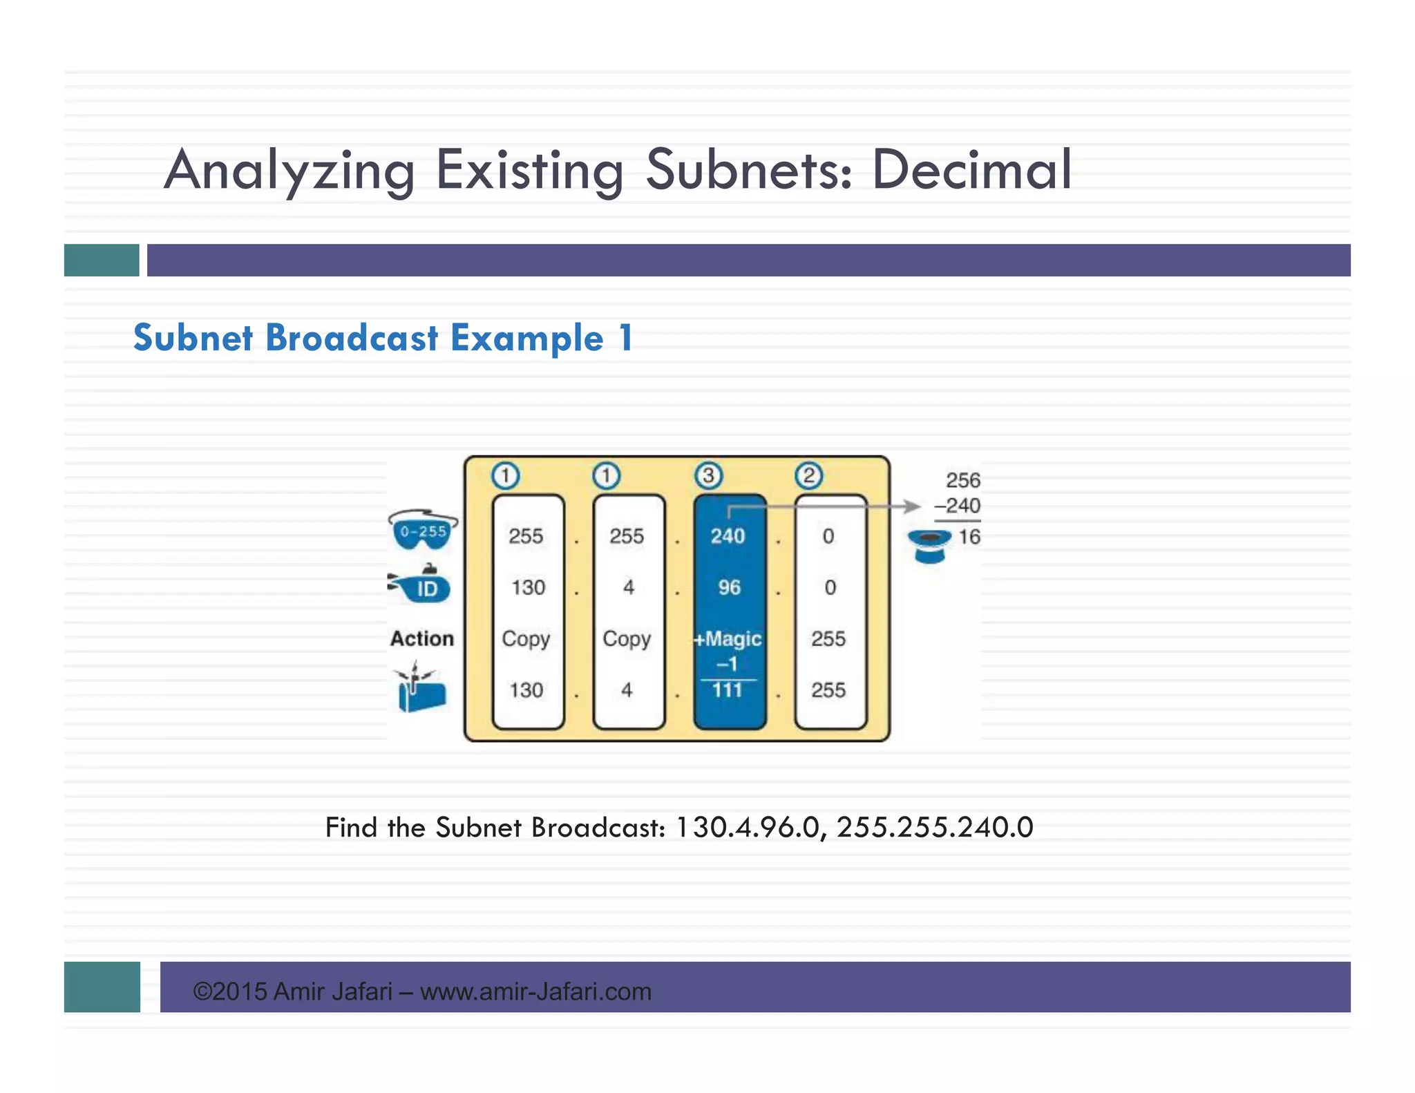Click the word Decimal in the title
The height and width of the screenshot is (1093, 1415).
[971, 170]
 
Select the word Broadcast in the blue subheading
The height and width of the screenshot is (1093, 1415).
[352, 338]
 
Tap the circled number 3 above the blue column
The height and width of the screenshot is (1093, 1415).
[708, 475]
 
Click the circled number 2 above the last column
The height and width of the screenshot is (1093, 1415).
[809, 475]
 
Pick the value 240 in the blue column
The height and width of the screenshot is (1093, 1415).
[728, 536]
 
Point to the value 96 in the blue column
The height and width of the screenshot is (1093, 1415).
[729, 587]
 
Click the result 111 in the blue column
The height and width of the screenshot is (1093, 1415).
[728, 690]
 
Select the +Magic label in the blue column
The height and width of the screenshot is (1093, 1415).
[728, 639]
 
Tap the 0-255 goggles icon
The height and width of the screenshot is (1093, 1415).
[423, 531]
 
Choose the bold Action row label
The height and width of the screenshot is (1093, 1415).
[422, 638]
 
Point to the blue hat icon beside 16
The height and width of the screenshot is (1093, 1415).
[929, 545]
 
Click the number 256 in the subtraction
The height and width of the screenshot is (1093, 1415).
[963, 480]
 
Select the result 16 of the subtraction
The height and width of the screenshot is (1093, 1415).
[969, 537]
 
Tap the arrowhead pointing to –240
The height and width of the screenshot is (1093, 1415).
[913, 506]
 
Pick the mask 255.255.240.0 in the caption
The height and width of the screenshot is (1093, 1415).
[935, 828]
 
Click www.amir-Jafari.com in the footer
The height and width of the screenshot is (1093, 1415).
[535, 991]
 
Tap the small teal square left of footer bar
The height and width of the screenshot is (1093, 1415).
[102, 987]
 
